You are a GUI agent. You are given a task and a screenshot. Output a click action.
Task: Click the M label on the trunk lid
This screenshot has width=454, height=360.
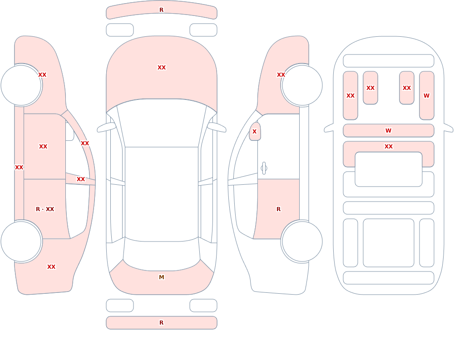point(162,277)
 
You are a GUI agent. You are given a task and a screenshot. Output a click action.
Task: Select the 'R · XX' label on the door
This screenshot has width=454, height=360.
point(45,209)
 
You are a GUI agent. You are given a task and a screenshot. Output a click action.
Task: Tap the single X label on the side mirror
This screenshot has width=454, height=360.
point(255,132)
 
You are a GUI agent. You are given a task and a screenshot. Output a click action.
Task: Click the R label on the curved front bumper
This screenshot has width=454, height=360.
point(162,10)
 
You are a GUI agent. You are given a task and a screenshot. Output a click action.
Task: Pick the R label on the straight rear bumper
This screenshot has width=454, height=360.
point(162,323)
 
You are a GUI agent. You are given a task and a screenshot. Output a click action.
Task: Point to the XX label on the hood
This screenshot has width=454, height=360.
point(162,68)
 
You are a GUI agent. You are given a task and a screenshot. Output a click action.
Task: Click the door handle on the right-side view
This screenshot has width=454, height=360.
point(264,168)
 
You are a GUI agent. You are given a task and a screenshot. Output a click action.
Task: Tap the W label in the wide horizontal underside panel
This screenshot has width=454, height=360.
point(389,131)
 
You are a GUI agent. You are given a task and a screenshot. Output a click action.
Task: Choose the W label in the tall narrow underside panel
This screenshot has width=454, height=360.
point(426,96)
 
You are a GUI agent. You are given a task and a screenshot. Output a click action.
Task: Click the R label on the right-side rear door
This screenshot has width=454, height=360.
point(279,209)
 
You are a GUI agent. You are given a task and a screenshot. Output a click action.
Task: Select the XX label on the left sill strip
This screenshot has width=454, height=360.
point(19,168)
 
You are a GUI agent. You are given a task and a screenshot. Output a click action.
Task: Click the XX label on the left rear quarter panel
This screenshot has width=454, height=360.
point(51,267)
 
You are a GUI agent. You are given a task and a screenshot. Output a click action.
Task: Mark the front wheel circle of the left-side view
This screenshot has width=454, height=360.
point(21,85)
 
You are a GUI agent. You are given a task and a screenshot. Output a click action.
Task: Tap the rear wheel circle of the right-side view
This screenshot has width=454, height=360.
point(302,242)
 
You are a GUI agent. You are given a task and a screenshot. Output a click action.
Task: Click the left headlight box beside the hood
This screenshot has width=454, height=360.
point(120,30)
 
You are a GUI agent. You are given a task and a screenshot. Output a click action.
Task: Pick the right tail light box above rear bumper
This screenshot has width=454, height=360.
point(203,306)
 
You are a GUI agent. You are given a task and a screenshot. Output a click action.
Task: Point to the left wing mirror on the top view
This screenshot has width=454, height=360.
point(107,127)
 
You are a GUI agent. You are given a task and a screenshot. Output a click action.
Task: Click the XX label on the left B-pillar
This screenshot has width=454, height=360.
point(81,179)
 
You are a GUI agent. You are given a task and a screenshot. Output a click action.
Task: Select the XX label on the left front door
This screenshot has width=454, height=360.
point(43,147)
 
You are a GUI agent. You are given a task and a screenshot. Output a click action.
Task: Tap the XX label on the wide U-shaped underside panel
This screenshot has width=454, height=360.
point(389,147)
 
